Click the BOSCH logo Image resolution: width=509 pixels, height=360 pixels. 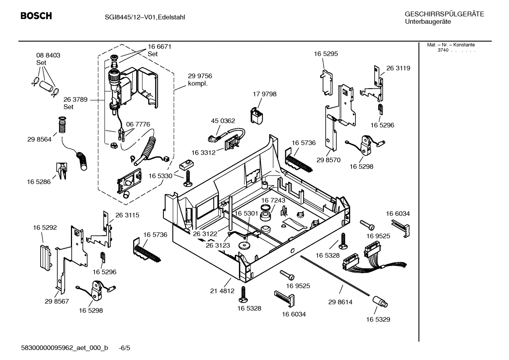[x=36, y=16]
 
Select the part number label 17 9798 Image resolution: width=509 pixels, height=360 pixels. [x=264, y=94]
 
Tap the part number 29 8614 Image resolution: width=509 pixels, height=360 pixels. [x=340, y=302]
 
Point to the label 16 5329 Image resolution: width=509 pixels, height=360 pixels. [x=378, y=319]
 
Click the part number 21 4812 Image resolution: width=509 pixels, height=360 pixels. [x=222, y=291]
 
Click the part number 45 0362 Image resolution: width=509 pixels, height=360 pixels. [x=223, y=121]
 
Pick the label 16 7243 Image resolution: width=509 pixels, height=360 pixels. [x=273, y=200]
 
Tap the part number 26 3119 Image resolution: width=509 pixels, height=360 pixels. [x=398, y=68]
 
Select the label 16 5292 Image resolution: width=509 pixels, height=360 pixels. [x=45, y=228]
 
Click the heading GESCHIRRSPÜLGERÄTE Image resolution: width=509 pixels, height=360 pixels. [x=444, y=14]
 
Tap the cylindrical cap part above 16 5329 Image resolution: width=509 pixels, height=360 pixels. [x=379, y=302]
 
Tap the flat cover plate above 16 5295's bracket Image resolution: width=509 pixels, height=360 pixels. [x=327, y=82]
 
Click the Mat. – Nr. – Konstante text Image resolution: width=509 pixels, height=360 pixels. [x=451, y=45]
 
